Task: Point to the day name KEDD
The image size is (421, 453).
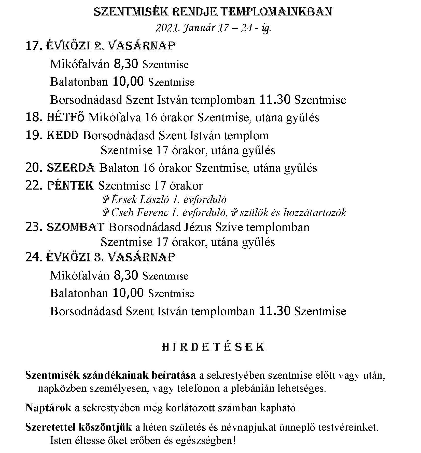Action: pos(63,135)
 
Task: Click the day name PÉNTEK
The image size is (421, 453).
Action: pos(71,185)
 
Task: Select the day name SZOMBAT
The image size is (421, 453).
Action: pos(76,227)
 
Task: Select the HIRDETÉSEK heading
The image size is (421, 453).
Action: pos(213,348)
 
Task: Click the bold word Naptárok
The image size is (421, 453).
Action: pos(48,408)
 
